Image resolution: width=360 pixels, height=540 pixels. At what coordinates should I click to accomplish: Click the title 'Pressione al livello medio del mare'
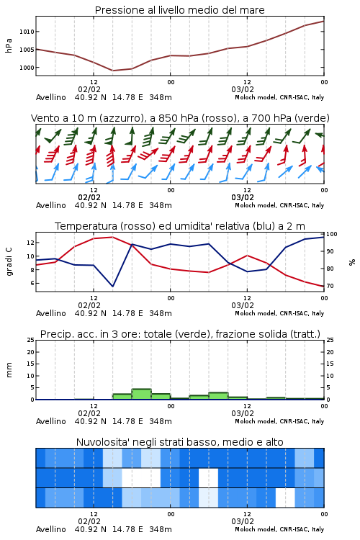click(179, 10)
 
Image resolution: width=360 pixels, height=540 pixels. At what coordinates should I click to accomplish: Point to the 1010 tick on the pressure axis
click(27, 32)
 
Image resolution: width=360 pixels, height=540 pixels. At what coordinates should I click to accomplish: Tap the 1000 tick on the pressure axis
click(27, 68)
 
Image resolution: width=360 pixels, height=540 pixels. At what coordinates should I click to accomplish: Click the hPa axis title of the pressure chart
click(9, 45)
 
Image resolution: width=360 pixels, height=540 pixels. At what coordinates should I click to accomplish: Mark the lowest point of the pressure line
click(112, 71)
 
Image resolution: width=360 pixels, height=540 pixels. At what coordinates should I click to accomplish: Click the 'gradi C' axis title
click(9, 262)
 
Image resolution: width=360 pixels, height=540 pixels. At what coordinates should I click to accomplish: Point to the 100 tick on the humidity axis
click(332, 234)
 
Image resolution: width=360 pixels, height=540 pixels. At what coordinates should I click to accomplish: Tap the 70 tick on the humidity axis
click(330, 286)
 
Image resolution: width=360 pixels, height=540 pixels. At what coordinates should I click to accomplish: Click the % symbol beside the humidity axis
click(352, 262)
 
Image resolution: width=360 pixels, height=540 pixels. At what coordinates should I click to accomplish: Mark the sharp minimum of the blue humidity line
click(112, 286)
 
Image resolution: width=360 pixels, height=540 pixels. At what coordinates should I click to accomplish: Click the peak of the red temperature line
click(112, 237)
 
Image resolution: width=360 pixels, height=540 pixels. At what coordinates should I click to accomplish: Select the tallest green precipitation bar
click(142, 395)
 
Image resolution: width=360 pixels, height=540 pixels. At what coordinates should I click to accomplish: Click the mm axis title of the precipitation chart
click(9, 370)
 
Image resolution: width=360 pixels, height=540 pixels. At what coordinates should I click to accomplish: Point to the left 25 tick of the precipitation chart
click(31, 340)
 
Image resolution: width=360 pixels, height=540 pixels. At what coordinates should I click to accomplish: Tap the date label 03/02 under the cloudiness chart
click(243, 521)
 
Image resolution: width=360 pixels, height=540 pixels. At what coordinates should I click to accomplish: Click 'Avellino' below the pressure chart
click(51, 97)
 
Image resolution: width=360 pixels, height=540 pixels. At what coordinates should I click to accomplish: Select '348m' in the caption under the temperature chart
click(161, 313)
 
